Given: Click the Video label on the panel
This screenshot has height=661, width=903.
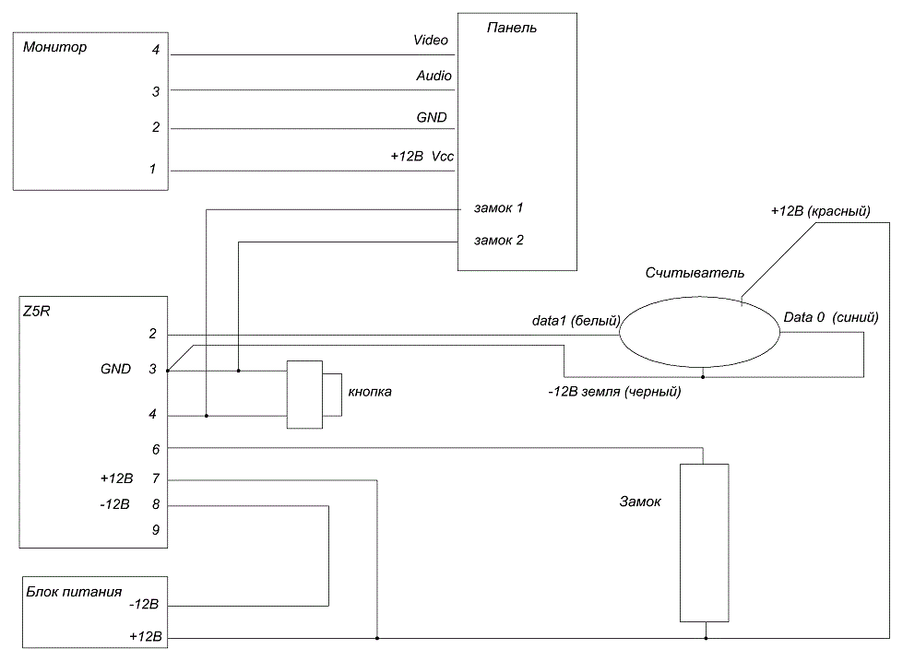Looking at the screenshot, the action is click(431, 40).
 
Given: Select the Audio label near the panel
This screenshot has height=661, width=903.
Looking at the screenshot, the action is click(434, 76).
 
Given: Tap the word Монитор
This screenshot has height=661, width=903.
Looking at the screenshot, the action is click(54, 47).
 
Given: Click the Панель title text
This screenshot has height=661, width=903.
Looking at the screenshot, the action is click(512, 28).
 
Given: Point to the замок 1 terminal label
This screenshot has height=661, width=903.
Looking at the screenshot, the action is click(499, 207).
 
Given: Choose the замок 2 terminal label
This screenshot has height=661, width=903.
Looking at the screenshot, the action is click(499, 240).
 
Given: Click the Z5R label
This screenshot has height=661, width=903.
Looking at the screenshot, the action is click(36, 312).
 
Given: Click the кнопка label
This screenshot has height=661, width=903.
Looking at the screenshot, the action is click(370, 392).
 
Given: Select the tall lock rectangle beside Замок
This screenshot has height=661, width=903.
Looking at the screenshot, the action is click(705, 543).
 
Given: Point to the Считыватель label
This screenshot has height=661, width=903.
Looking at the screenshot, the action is click(695, 272).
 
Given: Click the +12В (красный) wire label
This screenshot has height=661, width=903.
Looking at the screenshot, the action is click(821, 211).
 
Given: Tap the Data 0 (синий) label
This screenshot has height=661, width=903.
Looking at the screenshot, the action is click(831, 317).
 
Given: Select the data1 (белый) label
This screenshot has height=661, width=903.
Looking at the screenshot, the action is click(576, 321).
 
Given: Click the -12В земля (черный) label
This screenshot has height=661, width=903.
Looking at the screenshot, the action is click(614, 392).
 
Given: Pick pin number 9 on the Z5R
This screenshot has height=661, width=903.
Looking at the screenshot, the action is click(156, 530).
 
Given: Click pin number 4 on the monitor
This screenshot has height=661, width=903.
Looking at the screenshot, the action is click(156, 50).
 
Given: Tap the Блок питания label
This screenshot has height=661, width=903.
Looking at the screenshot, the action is click(74, 592).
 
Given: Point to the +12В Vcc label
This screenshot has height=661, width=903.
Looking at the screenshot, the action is click(422, 156).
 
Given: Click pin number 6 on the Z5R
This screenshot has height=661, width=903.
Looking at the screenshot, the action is click(156, 449).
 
